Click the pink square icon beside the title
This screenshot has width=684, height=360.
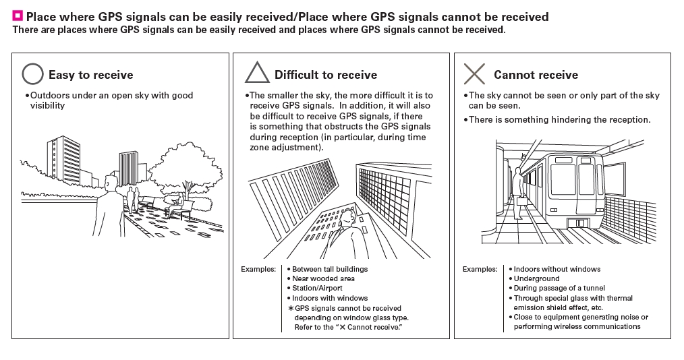(18, 16)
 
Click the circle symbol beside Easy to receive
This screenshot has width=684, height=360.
(32, 74)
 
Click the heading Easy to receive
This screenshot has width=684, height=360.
(90, 75)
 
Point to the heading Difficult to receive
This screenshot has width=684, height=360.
(325, 75)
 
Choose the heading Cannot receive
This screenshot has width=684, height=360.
(536, 75)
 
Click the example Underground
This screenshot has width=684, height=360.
(536, 278)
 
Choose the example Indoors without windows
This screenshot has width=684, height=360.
(557, 269)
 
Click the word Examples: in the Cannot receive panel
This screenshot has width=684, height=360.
(480, 269)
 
